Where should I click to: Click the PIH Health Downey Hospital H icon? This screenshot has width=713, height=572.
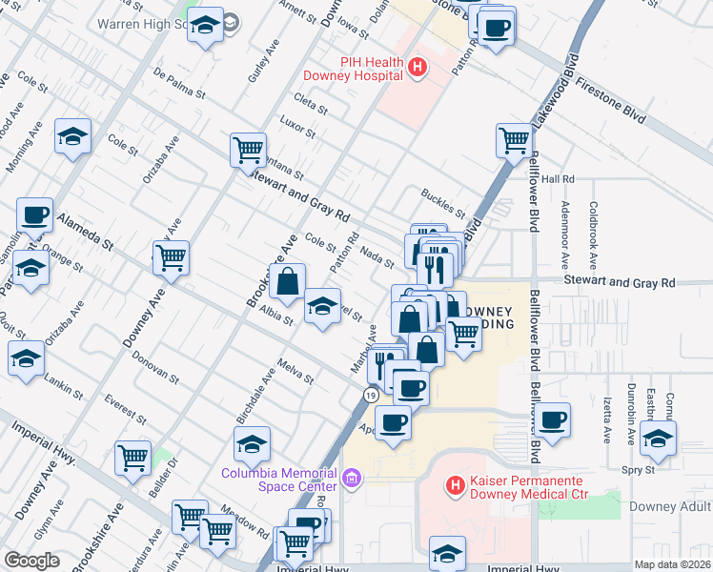417,67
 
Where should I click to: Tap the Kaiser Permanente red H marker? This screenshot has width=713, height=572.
455,485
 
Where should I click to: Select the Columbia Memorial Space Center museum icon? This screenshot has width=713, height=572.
352,475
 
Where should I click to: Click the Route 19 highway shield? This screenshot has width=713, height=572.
370,395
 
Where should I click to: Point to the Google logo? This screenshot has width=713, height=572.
31,561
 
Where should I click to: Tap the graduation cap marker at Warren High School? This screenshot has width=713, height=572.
205,25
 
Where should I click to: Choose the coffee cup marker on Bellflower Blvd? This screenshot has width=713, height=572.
552,419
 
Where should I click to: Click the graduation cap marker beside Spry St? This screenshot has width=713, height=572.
658,437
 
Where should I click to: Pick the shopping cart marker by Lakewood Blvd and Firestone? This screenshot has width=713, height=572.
514,141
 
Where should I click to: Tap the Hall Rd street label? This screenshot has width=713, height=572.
558,178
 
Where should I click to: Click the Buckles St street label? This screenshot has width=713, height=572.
442,203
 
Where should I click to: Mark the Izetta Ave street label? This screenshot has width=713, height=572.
606,422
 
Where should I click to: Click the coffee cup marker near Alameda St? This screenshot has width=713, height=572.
34,215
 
